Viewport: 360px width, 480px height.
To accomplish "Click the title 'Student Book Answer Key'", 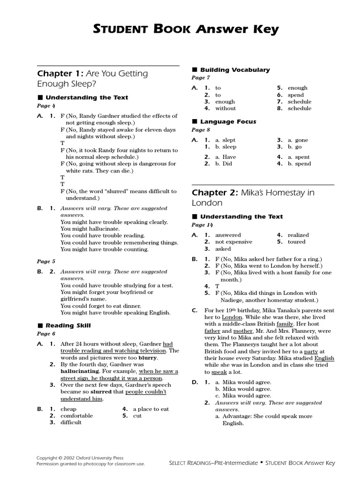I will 180,30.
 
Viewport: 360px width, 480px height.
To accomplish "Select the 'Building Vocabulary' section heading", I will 234,70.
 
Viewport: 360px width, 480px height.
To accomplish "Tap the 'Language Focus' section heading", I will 228,122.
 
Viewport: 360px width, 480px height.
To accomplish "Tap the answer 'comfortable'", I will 76,416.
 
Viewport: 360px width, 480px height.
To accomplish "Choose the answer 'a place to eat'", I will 150,409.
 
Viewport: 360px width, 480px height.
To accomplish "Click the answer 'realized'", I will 298,235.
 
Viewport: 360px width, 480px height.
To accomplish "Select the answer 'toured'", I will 296,242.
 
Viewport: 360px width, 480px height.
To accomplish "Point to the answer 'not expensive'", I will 233,242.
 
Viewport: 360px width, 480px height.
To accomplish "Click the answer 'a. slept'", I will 225,140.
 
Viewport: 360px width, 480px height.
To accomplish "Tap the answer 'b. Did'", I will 224,164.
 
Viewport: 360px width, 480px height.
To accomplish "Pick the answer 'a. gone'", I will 298,140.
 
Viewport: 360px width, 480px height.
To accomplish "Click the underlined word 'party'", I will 311,351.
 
